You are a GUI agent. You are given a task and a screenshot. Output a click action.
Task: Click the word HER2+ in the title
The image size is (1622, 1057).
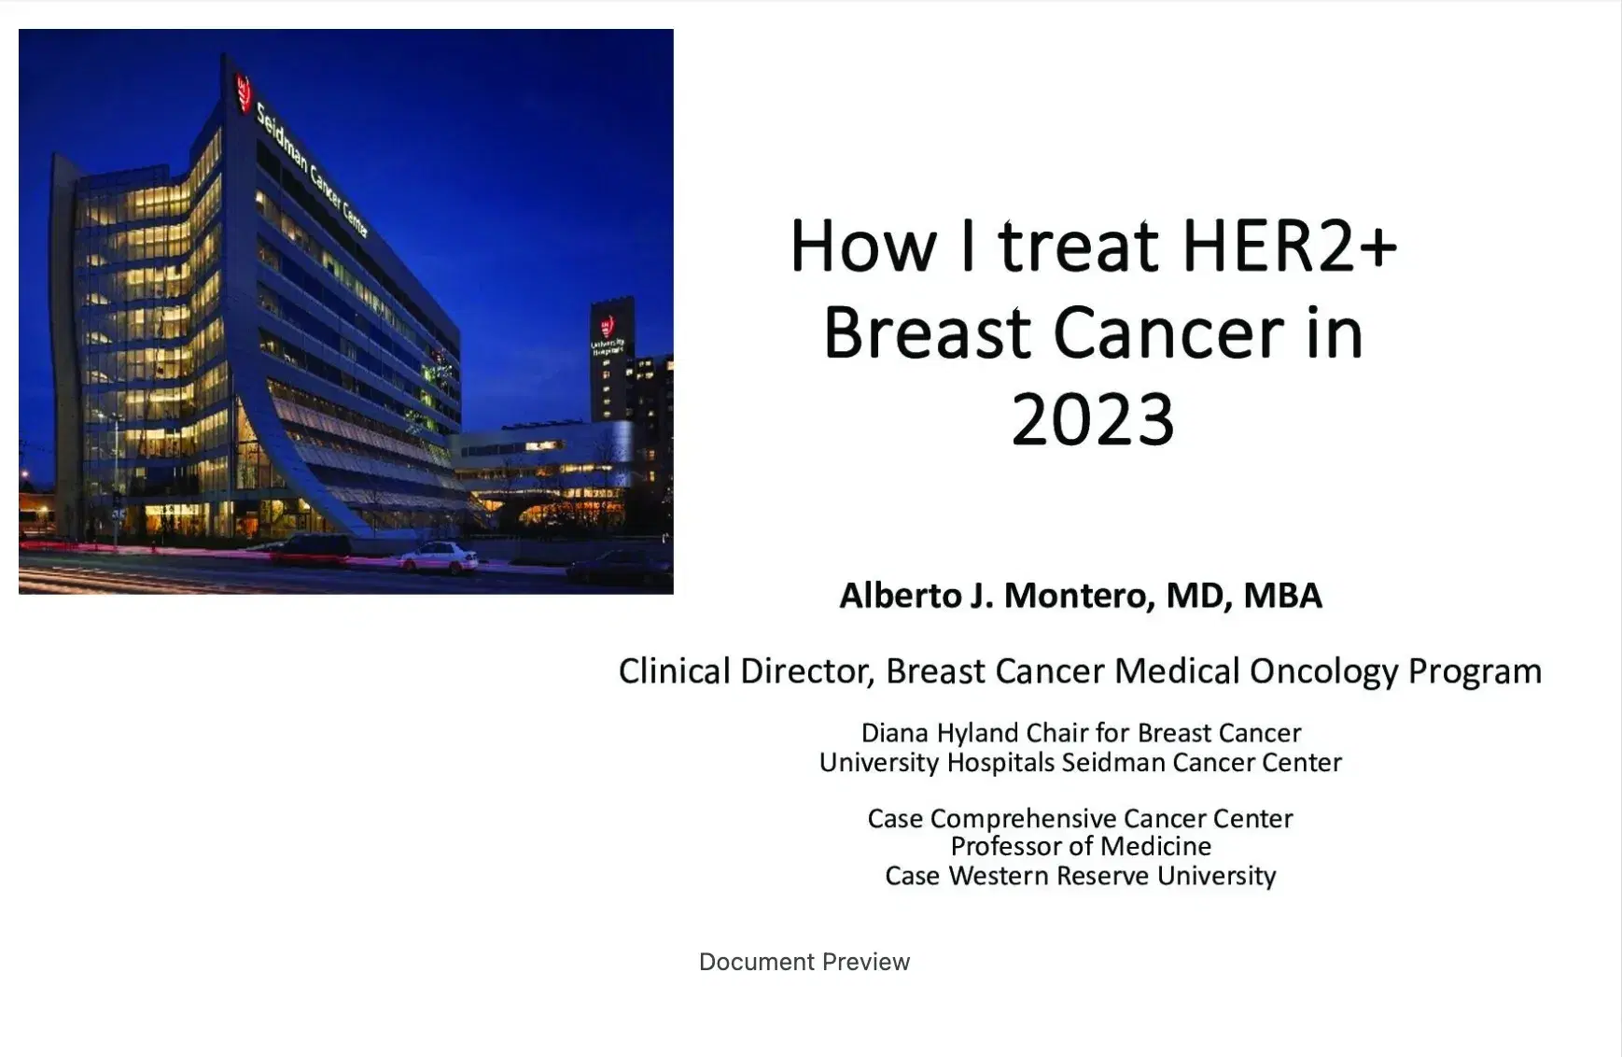(x=1289, y=246)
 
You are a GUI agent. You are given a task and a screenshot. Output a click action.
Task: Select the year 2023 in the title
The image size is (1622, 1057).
(x=1093, y=420)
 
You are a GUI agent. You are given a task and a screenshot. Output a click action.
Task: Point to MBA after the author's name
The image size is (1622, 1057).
(x=1282, y=596)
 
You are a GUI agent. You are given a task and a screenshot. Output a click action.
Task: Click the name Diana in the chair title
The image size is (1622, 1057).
(x=895, y=733)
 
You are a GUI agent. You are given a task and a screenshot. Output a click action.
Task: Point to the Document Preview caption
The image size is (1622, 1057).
(x=804, y=962)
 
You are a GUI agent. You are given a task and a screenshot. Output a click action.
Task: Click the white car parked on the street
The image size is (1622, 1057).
(x=440, y=557)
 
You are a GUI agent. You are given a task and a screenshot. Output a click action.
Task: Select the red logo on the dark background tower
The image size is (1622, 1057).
(x=608, y=327)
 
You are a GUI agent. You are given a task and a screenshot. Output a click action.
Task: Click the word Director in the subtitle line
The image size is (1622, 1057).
(x=807, y=671)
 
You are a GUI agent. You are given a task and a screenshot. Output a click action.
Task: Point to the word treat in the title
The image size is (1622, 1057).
(x=1078, y=246)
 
